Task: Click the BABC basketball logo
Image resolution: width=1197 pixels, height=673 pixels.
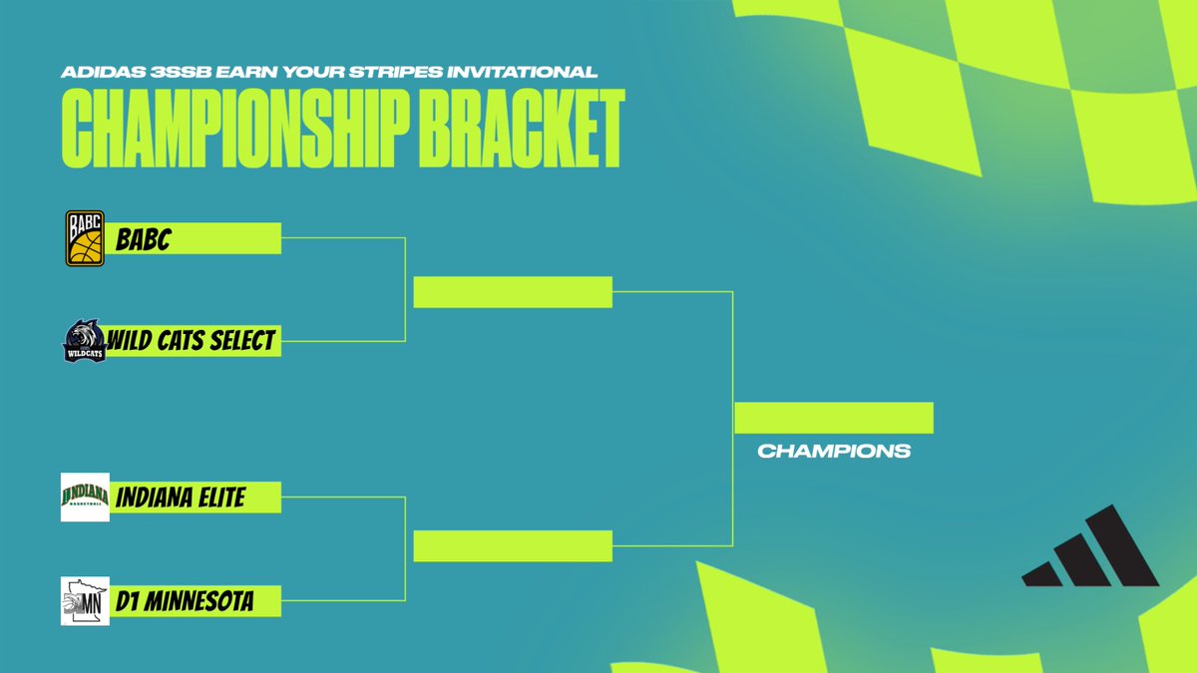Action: pos(85,239)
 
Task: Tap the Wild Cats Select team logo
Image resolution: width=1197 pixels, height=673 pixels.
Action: pos(85,341)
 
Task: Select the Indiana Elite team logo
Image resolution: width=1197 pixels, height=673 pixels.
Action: pos(85,497)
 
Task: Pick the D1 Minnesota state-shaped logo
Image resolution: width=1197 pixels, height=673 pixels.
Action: pos(85,601)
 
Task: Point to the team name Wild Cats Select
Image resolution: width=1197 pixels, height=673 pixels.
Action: pos(192,341)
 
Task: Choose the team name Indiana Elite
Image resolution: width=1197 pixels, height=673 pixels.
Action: pos(181,497)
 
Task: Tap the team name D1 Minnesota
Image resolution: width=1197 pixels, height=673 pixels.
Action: pos(184,601)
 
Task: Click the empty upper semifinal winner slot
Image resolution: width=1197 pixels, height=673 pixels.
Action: pos(513,292)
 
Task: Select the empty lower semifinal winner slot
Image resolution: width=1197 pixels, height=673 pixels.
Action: pos(513,546)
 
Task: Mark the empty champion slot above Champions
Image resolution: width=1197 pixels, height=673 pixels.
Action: pos(834,418)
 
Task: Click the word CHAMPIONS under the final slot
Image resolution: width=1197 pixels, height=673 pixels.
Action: pos(834,451)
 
